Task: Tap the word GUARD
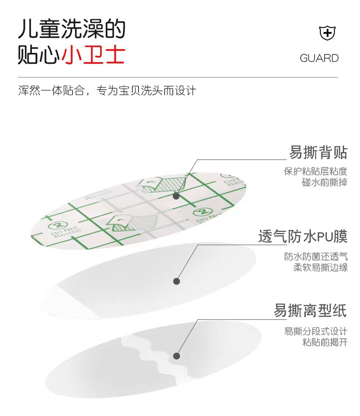click(319, 58)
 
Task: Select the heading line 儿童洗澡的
click(71, 30)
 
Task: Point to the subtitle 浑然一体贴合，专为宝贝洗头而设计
click(107, 90)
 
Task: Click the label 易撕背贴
click(318, 153)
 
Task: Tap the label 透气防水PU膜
click(303, 236)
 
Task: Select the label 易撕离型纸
click(310, 311)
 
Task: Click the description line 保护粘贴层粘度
click(315, 172)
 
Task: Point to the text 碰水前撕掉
click(324, 183)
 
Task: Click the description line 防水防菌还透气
click(316, 256)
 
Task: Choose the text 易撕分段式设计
click(316, 331)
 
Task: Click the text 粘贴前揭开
click(324, 342)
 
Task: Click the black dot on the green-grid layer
click(176, 196)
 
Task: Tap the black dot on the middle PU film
click(176, 281)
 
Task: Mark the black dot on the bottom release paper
click(176, 356)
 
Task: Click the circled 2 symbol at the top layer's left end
click(58, 225)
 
